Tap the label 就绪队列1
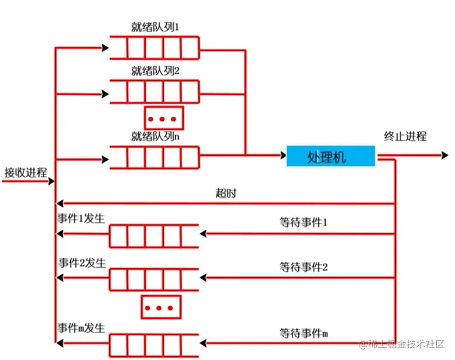pos(155,27)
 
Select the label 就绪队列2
pos(155,71)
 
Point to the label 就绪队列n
pos(155,136)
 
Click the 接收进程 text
pos(25,172)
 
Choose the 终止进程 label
pos(405,137)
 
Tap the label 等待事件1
pos(304,223)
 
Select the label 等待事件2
pos(304,267)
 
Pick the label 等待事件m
pos(304,333)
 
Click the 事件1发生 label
pos(82,218)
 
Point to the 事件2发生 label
pos(82,263)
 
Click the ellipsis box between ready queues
pos(164,119)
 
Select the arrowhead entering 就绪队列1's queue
pos(105,47)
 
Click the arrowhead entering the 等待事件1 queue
pos(204,234)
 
